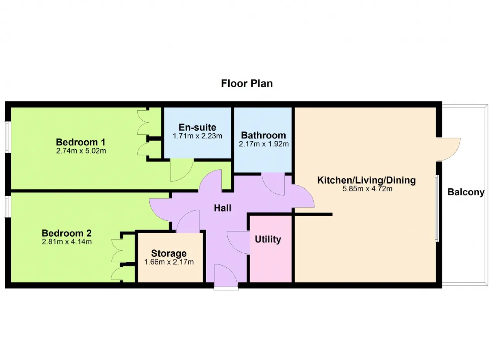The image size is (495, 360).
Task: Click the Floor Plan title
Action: point(247,84)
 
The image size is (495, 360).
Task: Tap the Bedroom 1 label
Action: point(81,142)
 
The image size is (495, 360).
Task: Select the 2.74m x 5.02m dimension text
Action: point(81,150)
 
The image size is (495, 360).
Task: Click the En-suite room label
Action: point(197,127)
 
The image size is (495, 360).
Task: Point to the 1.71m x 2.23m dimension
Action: point(197,136)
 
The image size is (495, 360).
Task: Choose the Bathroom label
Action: point(263,135)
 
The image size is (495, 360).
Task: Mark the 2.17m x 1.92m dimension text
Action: point(263,144)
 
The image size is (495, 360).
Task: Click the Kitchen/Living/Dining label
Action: point(366,180)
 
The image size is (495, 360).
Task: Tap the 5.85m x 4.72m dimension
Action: point(366,189)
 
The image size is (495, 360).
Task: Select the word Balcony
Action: point(466,192)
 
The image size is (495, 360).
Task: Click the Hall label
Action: point(223,208)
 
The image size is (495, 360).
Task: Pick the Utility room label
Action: point(268,239)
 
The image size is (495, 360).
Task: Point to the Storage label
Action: point(169,254)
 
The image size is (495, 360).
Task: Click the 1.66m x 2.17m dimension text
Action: point(169,262)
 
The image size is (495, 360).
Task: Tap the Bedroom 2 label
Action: point(67,234)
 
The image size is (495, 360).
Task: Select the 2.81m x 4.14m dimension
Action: point(67,242)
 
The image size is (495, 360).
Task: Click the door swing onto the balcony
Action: point(449,148)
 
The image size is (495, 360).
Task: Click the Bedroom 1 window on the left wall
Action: point(7,137)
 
